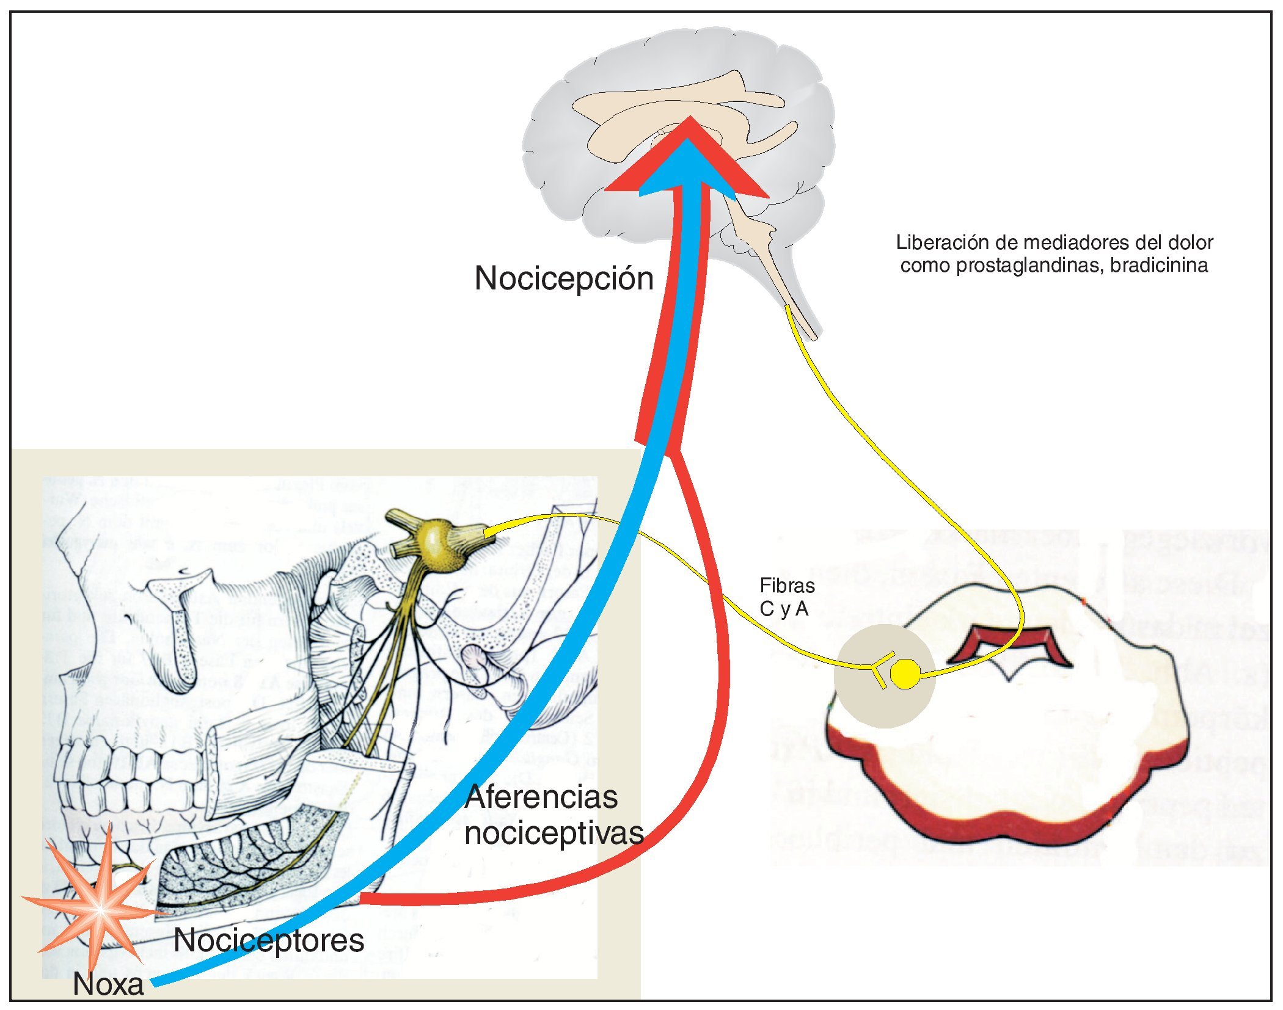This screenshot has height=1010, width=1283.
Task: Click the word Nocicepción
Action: (x=564, y=278)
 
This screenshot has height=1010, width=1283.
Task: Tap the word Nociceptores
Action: (x=269, y=940)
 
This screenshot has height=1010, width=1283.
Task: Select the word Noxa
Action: (x=108, y=984)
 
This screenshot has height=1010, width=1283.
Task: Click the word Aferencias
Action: (x=541, y=797)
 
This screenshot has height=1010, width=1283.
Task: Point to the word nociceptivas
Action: (x=554, y=833)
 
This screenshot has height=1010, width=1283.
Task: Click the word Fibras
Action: (x=787, y=586)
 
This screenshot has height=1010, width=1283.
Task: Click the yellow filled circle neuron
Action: (x=905, y=674)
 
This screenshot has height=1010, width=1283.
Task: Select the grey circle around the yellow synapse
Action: (x=861, y=702)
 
